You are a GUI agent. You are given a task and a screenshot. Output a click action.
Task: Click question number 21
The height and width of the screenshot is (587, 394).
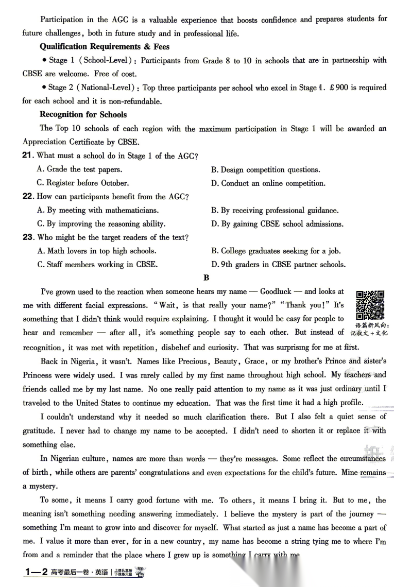28,156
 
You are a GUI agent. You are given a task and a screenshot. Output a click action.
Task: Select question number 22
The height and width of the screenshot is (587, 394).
28,196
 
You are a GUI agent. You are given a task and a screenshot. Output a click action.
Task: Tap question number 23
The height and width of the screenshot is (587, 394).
28,237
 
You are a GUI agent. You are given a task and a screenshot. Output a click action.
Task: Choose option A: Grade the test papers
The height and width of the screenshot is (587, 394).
80,169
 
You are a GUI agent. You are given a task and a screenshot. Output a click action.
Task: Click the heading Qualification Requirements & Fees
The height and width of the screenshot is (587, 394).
105,46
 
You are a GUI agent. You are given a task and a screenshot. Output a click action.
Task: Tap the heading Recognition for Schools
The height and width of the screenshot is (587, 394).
83,114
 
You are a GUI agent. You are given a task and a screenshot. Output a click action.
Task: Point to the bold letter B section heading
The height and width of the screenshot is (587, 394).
207,278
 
